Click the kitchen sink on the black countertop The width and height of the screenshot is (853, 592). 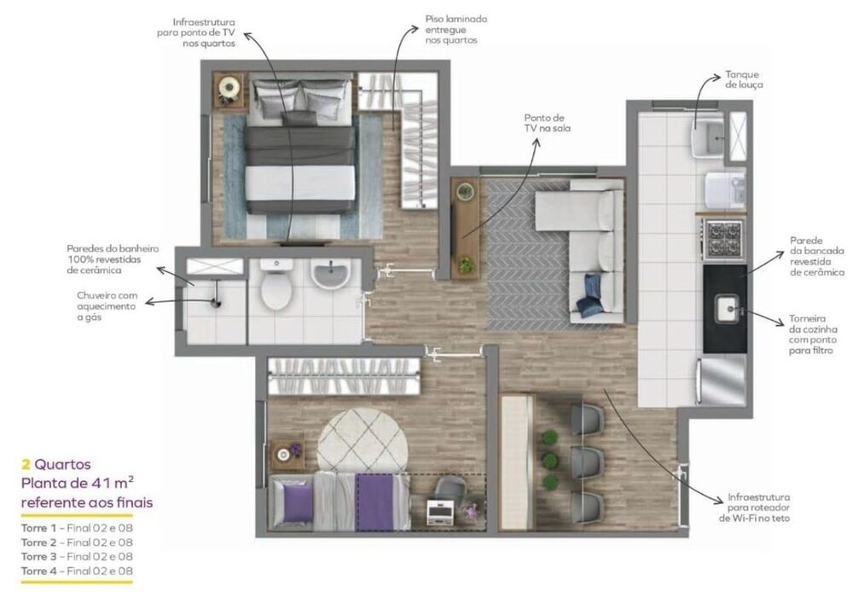(x=727, y=307)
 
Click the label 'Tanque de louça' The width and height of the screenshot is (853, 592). (x=743, y=80)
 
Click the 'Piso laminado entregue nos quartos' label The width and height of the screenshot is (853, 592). (x=456, y=29)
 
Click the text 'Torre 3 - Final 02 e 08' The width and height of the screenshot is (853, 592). (x=77, y=556)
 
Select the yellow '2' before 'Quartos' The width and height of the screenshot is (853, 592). (x=26, y=465)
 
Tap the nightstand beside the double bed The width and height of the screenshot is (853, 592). (x=229, y=88)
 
